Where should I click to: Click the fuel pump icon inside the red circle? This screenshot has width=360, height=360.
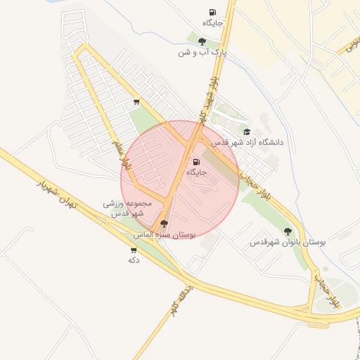click(195, 162)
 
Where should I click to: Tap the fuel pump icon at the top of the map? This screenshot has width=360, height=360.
click(212, 13)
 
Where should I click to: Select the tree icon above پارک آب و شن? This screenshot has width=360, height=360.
click(202, 42)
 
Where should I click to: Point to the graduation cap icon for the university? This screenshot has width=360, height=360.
click(246, 132)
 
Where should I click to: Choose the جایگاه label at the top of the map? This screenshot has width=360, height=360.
click(212, 23)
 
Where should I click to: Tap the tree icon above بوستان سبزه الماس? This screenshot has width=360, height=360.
click(165, 224)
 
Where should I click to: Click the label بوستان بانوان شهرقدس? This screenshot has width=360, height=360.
click(288, 242)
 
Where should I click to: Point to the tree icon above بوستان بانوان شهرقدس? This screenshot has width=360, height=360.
click(287, 231)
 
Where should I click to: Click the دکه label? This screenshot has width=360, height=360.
click(133, 260)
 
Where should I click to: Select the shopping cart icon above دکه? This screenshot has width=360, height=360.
click(134, 250)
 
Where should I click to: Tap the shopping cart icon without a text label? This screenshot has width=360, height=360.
click(136, 103)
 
